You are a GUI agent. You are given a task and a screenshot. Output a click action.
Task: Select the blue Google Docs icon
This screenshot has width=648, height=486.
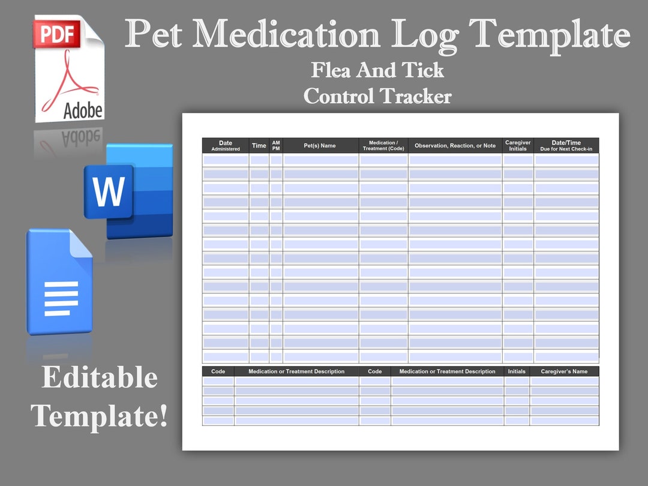click(60, 282)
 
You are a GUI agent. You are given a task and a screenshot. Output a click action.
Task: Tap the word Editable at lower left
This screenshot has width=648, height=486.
click(100, 378)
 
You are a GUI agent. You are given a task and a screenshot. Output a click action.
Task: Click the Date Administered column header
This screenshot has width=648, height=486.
click(226, 146)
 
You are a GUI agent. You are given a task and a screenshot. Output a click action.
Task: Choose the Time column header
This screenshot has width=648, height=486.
click(259, 146)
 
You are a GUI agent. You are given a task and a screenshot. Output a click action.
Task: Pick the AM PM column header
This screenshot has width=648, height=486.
click(276, 146)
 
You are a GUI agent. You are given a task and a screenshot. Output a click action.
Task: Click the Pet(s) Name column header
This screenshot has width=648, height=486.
click(320, 146)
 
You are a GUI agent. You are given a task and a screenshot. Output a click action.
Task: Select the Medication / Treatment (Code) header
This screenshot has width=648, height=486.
click(383, 146)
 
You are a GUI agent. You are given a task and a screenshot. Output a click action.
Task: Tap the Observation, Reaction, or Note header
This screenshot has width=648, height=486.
click(455, 146)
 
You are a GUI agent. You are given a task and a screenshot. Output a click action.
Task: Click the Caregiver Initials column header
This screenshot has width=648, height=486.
click(518, 146)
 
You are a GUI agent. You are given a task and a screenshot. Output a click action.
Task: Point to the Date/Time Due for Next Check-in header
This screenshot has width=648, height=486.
click(566, 146)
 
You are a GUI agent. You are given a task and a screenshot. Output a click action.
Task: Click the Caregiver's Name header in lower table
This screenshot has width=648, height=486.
click(564, 371)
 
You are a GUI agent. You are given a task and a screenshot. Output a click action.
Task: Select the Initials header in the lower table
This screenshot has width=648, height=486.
click(517, 371)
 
